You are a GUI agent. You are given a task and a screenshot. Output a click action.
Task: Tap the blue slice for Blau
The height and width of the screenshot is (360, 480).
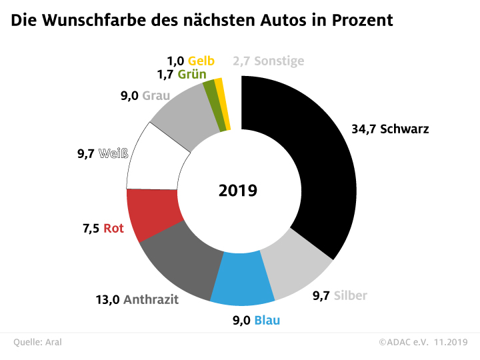[x=243, y=280]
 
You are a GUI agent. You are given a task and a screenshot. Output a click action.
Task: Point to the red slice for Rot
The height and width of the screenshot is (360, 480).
[x=154, y=215]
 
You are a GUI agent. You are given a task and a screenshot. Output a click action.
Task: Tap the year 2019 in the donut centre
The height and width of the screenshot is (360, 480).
[x=238, y=191]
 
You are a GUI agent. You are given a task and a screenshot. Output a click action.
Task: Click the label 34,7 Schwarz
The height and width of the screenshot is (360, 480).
[x=390, y=129]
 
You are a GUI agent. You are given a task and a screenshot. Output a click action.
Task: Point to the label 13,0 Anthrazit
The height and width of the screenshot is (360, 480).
[x=137, y=299]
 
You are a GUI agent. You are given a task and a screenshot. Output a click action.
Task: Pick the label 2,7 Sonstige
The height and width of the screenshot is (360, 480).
[x=269, y=61]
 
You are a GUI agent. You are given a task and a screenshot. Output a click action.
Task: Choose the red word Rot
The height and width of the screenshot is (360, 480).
[x=114, y=228]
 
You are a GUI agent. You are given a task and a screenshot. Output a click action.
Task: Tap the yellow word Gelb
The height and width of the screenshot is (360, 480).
[x=201, y=61]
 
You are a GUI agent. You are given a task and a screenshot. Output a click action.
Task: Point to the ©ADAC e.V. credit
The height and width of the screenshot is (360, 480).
[x=404, y=342]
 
